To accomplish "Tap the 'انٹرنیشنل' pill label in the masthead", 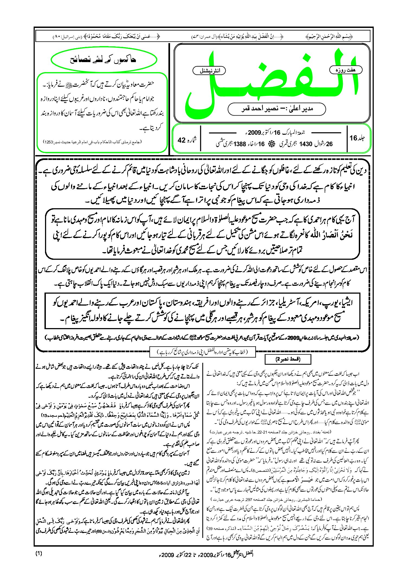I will point(209,71).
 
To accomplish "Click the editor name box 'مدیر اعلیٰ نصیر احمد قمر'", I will point(277,109).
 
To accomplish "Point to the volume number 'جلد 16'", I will point(357,138).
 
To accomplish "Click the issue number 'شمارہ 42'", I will point(187,140).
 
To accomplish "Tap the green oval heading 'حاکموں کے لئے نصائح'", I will point(104,60).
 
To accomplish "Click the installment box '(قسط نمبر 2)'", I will point(288,359).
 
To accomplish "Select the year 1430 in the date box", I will point(306,144).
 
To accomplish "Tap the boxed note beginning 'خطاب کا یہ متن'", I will point(203,352).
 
